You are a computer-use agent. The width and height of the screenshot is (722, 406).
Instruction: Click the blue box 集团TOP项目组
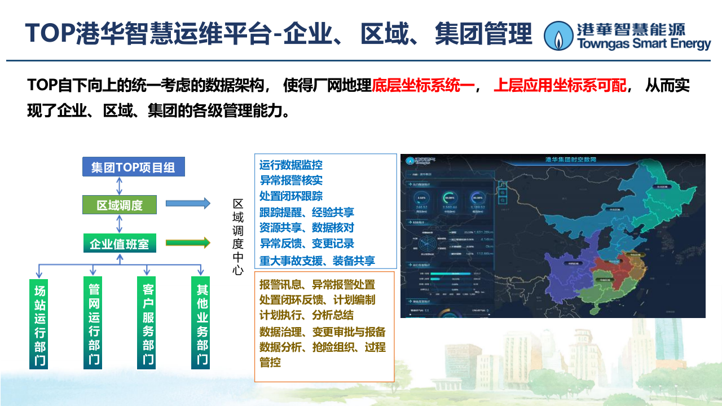click(133, 167)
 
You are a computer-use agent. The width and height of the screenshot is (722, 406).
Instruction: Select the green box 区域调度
click(120, 205)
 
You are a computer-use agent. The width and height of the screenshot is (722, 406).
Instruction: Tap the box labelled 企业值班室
click(120, 244)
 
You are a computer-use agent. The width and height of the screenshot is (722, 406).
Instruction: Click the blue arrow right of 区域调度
click(188, 204)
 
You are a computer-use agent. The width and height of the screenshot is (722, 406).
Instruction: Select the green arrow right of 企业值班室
click(188, 243)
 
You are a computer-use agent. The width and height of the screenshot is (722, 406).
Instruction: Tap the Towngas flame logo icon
click(558, 36)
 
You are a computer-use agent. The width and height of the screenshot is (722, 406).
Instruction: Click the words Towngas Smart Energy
click(644, 43)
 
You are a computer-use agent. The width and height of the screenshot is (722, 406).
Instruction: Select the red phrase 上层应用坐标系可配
click(560, 86)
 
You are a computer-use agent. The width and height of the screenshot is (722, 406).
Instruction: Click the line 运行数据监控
click(291, 165)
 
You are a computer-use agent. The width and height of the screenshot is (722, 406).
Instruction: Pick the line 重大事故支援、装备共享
click(317, 261)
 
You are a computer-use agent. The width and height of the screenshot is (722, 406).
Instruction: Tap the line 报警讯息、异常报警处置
click(317, 285)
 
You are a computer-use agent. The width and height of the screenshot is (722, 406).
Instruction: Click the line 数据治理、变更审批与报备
click(323, 332)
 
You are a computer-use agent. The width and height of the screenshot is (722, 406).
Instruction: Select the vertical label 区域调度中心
click(238, 237)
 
